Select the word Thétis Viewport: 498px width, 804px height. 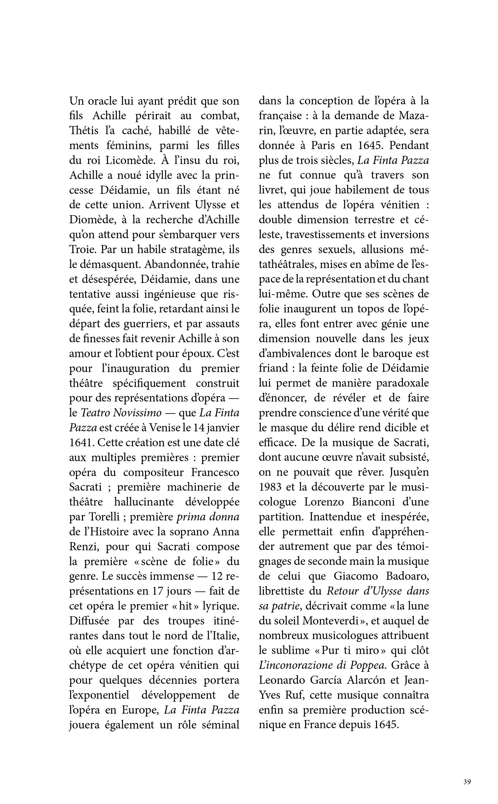tap(84, 131)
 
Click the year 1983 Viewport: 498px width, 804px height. tap(269, 487)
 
